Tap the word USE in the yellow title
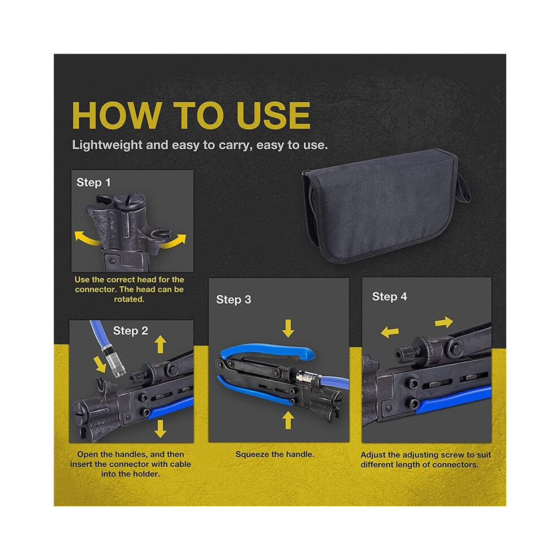click(273, 115)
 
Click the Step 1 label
click(93, 183)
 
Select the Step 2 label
click(130, 331)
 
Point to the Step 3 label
click(234, 300)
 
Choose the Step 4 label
click(389, 296)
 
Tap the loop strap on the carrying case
click(464, 187)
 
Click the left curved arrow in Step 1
click(87, 238)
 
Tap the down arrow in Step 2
click(160, 429)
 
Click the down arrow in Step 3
click(288, 328)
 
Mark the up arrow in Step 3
click(288, 420)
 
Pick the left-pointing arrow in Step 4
click(390, 332)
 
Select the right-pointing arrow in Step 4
click(444, 322)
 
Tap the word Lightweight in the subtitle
click(107, 145)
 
